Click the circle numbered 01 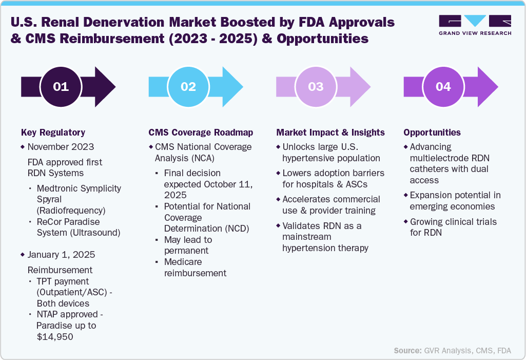pyautogui.click(x=61, y=87)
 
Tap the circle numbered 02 pyautogui.click(x=188, y=87)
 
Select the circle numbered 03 pyautogui.click(x=316, y=87)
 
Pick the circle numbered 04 pyautogui.click(x=443, y=87)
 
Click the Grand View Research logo pyautogui.click(x=475, y=25)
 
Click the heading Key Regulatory pyautogui.click(x=53, y=132)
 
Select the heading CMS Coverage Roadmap pyautogui.click(x=201, y=132)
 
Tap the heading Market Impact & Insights pyautogui.click(x=330, y=132)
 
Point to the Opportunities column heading pyautogui.click(x=432, y=132)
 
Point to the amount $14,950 pyautogui.click(x=54, y=337)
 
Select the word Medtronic pyautogui.click(x=59, y=188)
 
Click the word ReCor pyautogui.click(x=49, y=222)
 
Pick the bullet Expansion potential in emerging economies pyautogui.click(x=455, y=201)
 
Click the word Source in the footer pyautogui.click(x=407, y=351)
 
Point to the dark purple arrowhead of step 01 pyautogui.click(x=105, y=87)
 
